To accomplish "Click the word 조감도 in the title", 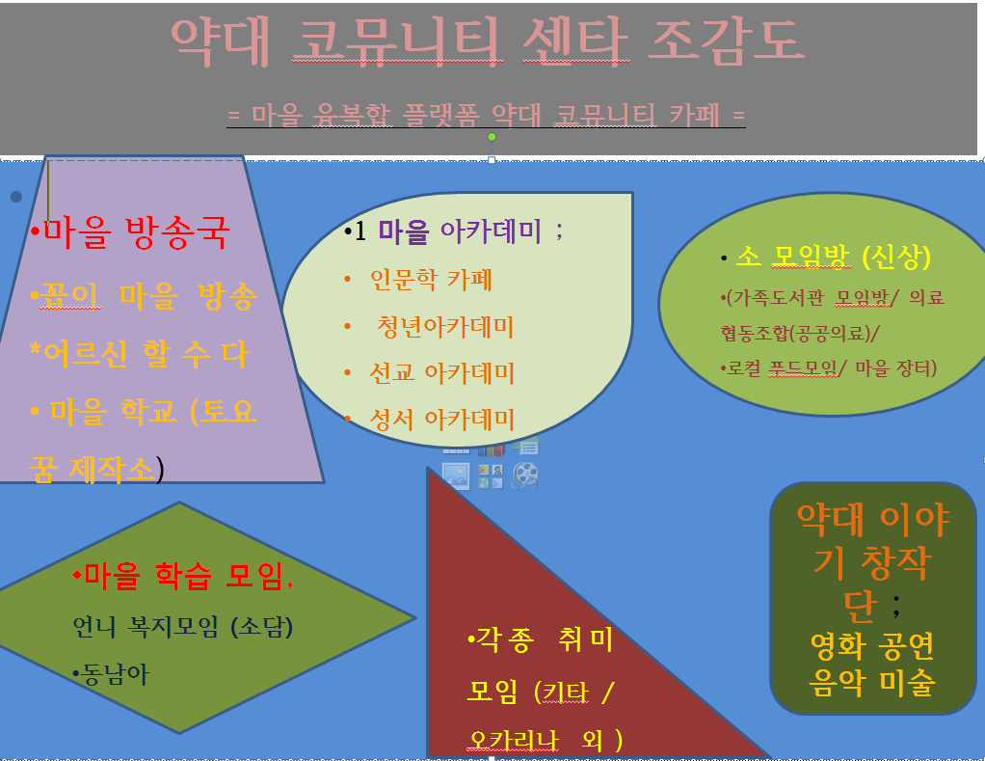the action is point(726,41).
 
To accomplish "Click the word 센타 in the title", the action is point(575,41).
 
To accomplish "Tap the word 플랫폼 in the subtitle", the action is point(440,115).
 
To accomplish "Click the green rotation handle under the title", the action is point(492,137).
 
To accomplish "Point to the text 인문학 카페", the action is point(431,280).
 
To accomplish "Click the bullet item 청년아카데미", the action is point(444,326).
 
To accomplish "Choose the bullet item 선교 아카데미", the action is point(441,372).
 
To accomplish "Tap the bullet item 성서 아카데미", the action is point(441,420).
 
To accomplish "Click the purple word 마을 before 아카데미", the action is point(403,231).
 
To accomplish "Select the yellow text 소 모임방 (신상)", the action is point(833,257).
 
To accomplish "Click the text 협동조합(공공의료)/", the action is point(800,333).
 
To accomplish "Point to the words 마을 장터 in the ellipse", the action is point(892,367).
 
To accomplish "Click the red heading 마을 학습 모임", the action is point(183,575).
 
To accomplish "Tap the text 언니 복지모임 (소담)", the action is point(183,627).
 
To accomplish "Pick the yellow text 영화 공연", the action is point(872,645).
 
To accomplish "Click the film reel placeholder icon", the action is point(525,476).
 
